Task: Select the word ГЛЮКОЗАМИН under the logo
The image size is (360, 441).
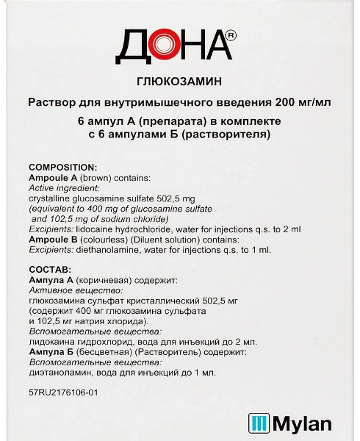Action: tap(180, 85)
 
